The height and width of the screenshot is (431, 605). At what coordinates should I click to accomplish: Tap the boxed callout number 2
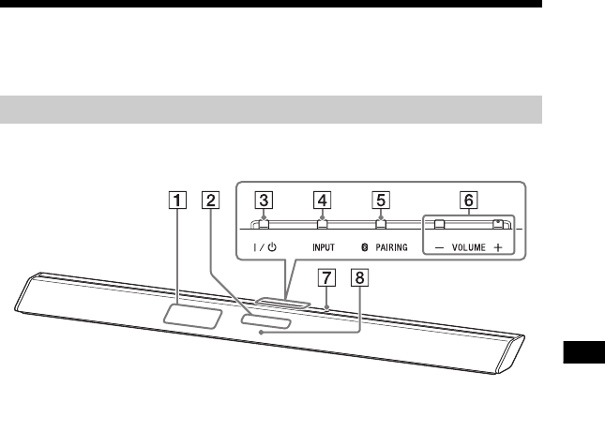point(212,199)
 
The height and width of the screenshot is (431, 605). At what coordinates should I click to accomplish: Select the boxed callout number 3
point(266,199)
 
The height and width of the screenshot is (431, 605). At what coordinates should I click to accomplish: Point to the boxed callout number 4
point(323,199)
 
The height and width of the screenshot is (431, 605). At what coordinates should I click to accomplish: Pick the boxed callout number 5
point(380,199)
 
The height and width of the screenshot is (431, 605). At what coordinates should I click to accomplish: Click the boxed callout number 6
point(467,199)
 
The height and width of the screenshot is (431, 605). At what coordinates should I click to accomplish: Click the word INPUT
point(322,249)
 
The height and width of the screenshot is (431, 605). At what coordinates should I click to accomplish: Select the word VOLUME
point(465,249)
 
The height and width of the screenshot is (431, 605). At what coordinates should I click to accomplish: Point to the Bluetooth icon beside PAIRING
point(370,249)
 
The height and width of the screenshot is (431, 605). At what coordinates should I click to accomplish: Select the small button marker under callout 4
point(322,224)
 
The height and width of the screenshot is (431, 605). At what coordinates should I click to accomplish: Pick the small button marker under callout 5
point(380,224)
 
